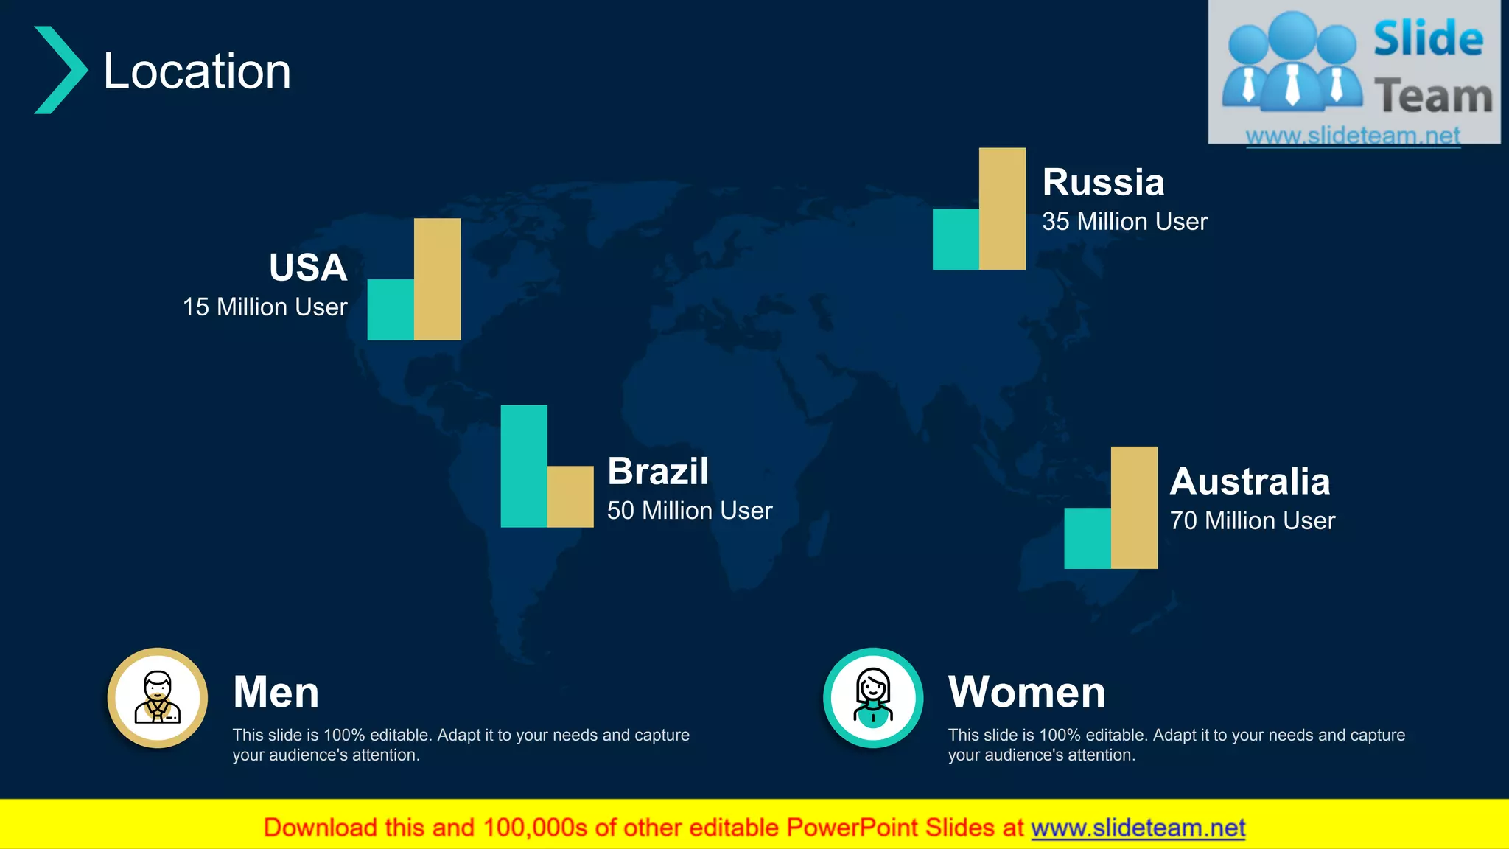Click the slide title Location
pos(197,71)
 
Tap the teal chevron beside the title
pos(60,70)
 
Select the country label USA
pos(308,267)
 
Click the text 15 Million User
pos(265,307)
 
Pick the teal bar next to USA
pos(391,310)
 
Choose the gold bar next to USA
pos(437,279)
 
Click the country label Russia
pos(1103,182)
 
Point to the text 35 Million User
pos(1124,221)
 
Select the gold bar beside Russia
pos(1002,209)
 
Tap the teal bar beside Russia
pos(956,239)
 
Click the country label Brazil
pos(658,471)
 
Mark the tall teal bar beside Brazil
pos(524,466)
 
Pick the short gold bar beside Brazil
pos(570,496)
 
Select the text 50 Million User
pos(690,510)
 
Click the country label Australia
pos(1250,481)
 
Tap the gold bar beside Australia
pos(1134,507)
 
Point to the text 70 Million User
pos(1253,520)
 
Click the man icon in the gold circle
pos(158,697)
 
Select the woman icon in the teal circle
pos(873,697)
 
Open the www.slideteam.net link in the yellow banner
pos(1138,828)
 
